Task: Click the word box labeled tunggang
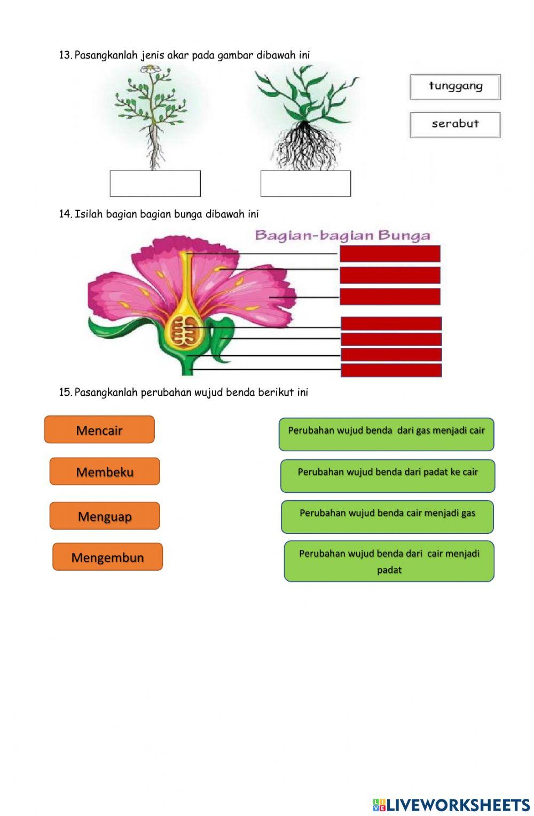(x=455, y=87)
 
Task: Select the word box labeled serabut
(x=455, y=125)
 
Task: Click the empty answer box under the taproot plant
(x=155, y=183)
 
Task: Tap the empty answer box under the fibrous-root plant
(x=305, y=183)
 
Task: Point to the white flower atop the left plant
(x=152, y=69)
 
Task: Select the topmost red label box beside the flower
(x=390, y=254)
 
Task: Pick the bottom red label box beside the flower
(x=391, y=370)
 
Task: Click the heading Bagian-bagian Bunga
(x=342, y=235)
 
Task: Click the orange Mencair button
(x=99, y=430)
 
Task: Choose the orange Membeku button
(x=105, y=471)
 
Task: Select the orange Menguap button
(x=105, y=516)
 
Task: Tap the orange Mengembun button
(x=107, y=557)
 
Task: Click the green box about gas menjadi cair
(x=386, y=434)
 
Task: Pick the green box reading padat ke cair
(x=388, y=476)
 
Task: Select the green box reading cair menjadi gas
(x=387, y=516)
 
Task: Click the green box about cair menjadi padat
(x=389, y=561)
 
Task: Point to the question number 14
(x=65, y=214)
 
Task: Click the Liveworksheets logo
(x=451, y=805)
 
